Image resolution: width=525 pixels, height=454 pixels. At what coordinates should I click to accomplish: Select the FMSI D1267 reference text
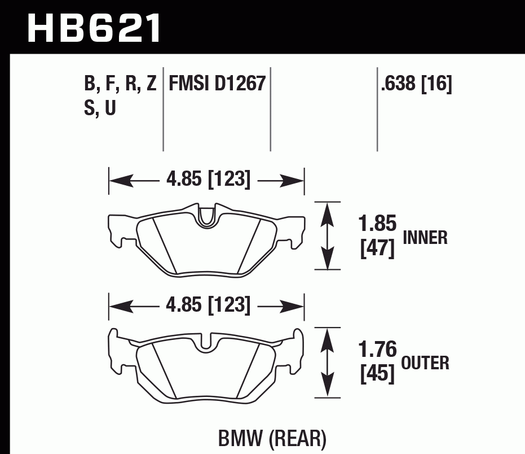[x=217, y=84]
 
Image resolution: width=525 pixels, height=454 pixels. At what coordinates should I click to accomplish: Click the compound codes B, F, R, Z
[x=120, y=84]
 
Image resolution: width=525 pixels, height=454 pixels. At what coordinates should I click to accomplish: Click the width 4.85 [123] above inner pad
[x=208, y=180]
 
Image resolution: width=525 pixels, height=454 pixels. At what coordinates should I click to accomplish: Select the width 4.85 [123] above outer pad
[x=208, y=305]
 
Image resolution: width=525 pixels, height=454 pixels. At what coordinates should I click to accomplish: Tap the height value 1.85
[x=377, y=224]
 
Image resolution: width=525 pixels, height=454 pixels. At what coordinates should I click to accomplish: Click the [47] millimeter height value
[x=377, y=248]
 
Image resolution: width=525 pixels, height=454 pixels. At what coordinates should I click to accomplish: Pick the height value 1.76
[x=377, y=350]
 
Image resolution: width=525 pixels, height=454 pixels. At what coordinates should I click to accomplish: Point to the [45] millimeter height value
[x=377, y=374]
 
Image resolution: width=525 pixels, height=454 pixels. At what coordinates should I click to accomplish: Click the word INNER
[x=425, y=238]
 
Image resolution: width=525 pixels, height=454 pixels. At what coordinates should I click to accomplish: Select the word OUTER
[x=425, y=363]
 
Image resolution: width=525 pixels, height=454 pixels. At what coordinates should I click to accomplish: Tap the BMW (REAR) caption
[x=271, y=438]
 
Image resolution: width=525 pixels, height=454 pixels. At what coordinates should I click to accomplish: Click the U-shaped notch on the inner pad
[x=207, y=215]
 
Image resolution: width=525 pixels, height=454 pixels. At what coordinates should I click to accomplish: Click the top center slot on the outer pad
[x=207, y=340]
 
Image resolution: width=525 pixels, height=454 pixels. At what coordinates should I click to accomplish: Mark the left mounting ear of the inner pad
[x=117, y=230]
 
